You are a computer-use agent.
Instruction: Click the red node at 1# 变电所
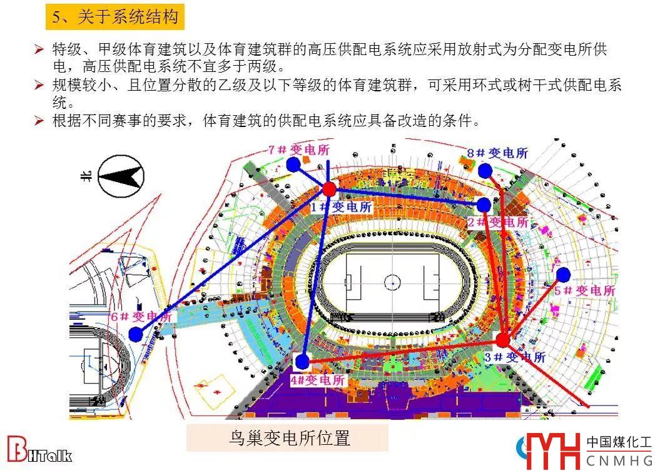pos(329,189)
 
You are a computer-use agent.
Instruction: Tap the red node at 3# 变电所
pos(503,340)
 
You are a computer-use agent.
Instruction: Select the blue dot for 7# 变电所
pos(293,165)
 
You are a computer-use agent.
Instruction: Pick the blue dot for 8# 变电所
pos(485,171)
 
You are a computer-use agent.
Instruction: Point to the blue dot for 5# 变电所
pos(563,274)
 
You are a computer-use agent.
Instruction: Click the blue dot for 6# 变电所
pos(136,334)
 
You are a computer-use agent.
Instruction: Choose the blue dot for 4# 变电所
pos(302,362)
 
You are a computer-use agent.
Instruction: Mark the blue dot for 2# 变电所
pos(484,205)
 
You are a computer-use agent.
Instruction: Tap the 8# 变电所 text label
pos(498,153)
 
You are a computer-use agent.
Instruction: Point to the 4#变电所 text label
pos(317,380)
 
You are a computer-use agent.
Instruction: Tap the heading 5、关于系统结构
pos(115,17)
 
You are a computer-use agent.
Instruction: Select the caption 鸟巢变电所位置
pos(287,438)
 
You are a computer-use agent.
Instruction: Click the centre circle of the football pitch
pos(392,280)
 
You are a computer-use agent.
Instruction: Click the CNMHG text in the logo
pos(619,461)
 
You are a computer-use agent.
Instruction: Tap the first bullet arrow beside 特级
pos(39,49)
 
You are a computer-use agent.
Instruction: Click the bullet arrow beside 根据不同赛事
pos(39,121)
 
